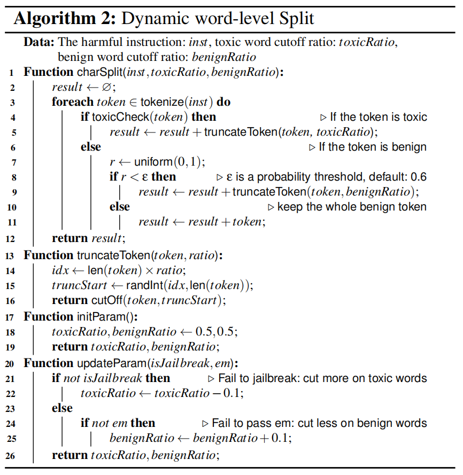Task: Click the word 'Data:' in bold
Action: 38,42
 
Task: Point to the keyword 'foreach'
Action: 72,102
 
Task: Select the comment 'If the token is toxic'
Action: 378,117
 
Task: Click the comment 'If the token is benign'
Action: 373,147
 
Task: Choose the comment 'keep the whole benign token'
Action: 351,207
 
